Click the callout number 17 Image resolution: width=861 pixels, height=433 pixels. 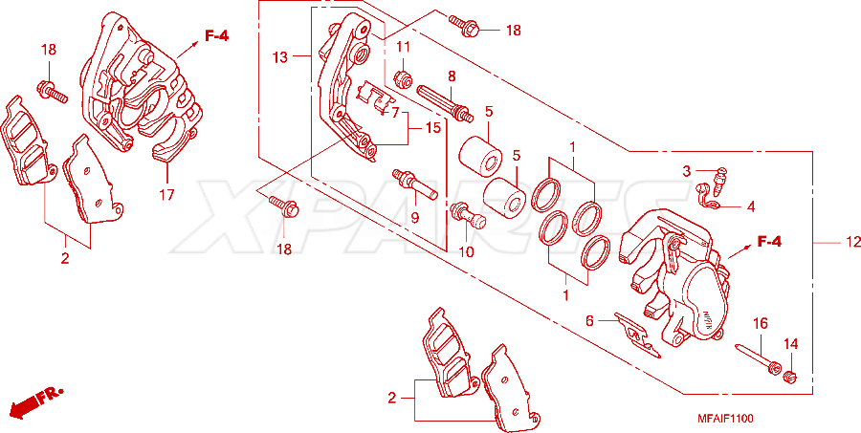click(166, 194)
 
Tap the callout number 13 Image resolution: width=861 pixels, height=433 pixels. click(280, 57)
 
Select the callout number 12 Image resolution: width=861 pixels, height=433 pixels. click(850, 242)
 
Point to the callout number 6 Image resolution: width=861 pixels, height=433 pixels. click(589, 321)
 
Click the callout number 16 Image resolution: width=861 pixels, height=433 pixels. click(760, 323)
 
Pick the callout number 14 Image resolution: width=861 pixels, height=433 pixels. click(790, 344)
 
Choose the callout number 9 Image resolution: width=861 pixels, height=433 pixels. click(414, 218)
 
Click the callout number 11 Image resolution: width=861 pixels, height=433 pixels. click(404, 47)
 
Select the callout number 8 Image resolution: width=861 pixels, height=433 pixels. click(452, 76)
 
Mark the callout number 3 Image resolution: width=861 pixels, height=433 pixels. click(686, 171)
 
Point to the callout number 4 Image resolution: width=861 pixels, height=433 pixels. click(751, 206)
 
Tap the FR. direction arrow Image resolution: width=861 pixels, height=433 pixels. click(35, 401)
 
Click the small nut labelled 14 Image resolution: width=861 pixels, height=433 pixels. click(789, 377)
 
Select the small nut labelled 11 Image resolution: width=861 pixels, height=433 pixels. click(404, 80)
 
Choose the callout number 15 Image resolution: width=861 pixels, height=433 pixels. click(432, 128)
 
